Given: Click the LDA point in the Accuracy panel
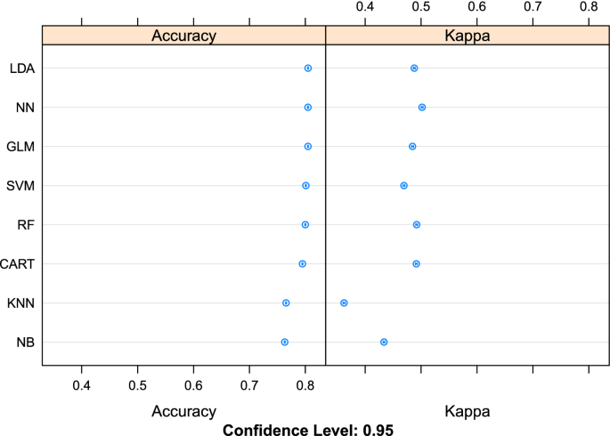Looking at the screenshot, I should pos(308,68).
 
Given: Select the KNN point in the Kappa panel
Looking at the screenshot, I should pos(344,303).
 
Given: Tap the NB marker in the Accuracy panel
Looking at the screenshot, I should pos(284,342).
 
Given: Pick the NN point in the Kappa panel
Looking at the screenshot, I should pos(422,107).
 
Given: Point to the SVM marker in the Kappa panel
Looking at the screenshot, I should pos(404,185).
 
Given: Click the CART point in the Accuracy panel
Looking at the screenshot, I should pos(303,263).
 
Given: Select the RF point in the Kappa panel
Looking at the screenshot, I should pos(417,224).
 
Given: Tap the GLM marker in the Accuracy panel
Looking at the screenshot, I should pos(308,146).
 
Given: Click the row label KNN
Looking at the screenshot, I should pos(20,303).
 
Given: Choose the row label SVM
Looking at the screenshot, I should pos(20,185).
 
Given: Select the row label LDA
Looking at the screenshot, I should pos(21,68).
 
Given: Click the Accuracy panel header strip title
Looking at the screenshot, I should pos(183,36).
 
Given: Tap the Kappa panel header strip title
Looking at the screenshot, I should pos(467,36).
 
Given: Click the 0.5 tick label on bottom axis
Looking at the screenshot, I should pos(137,384).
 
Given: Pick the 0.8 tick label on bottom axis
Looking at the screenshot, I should pos(305,384).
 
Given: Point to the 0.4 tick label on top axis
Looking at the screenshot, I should pos(365,7).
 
